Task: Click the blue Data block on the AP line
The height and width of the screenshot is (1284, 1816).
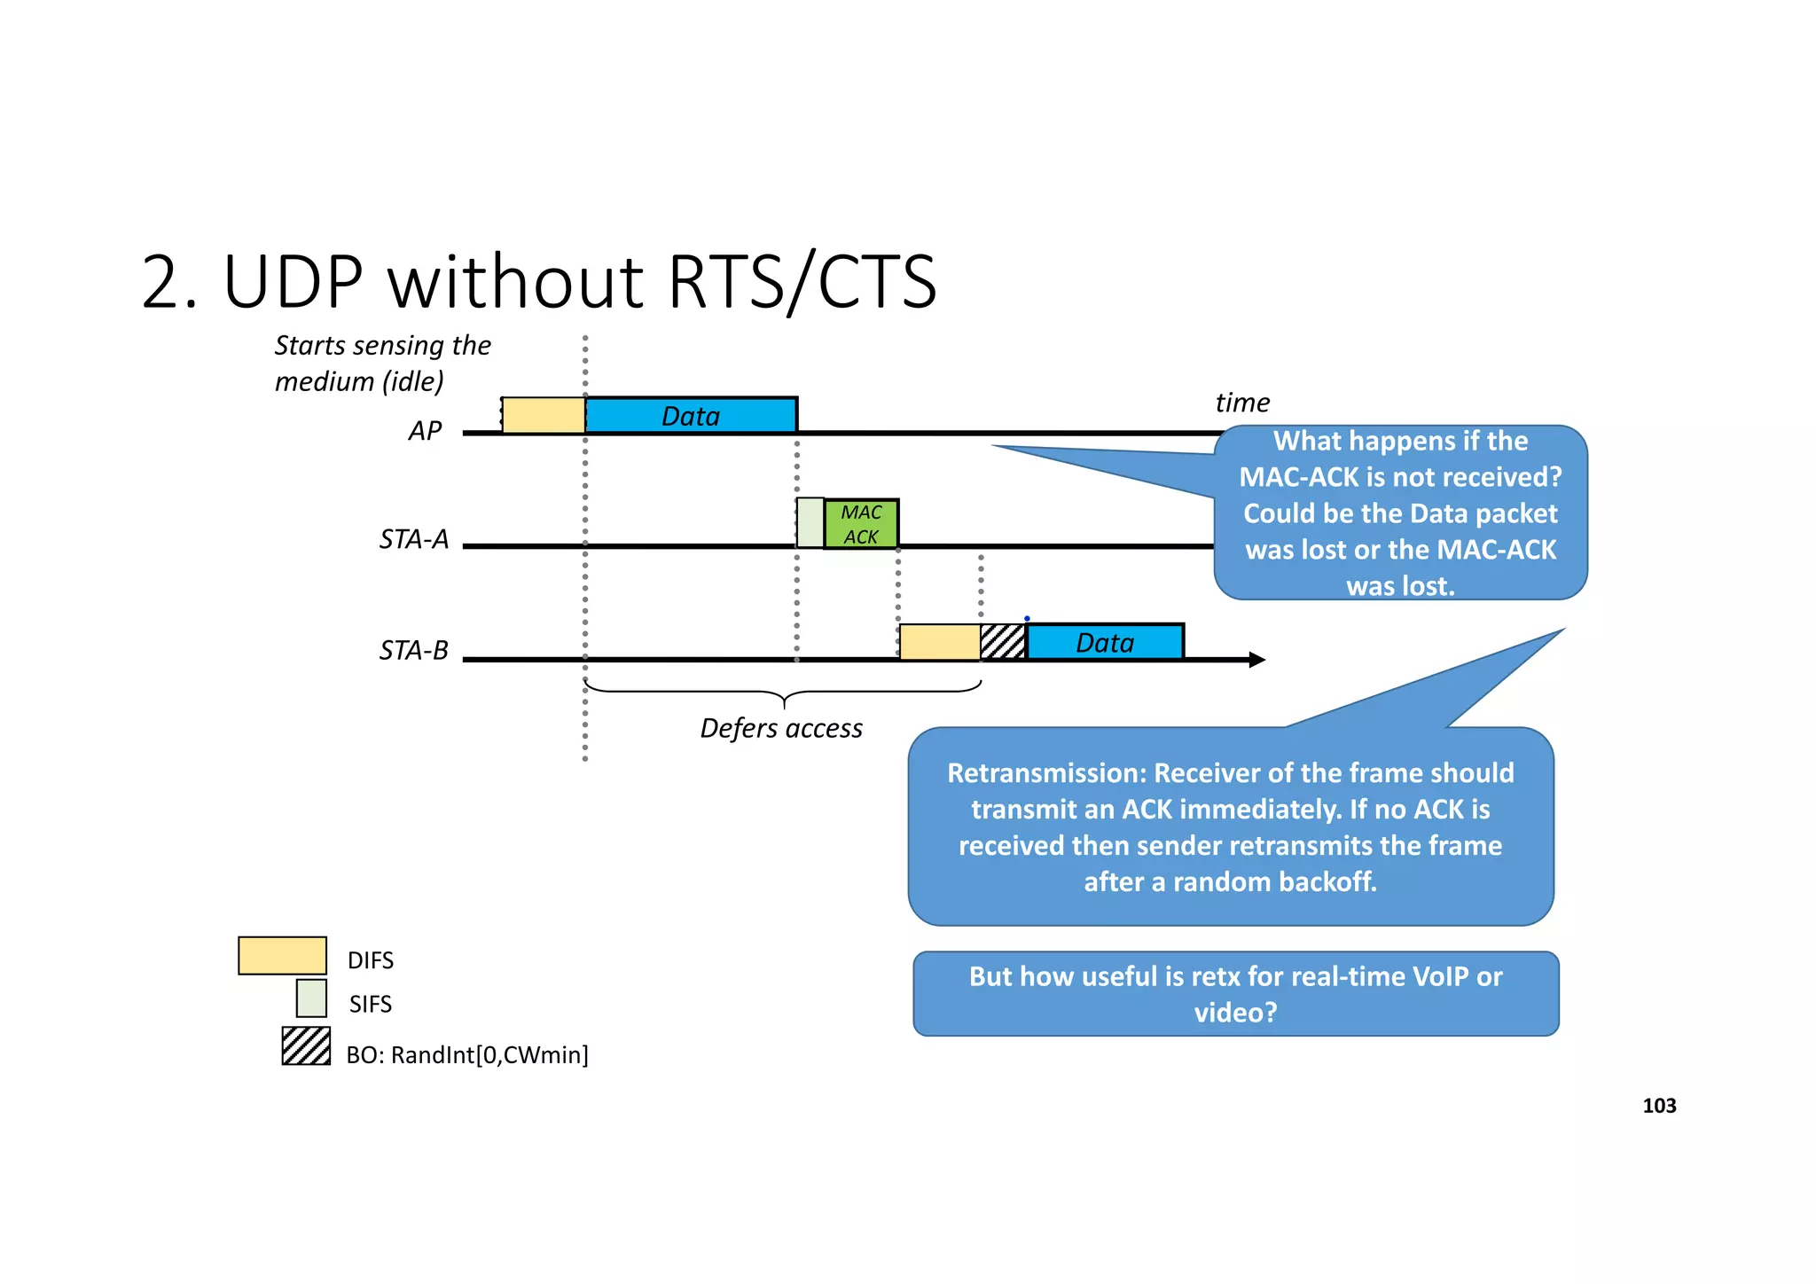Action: click(691, 415)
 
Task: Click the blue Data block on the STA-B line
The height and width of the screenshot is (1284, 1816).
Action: click(1105, 642)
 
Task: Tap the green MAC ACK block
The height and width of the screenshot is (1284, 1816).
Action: click(861, 524)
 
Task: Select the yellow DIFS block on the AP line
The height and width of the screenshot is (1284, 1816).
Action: click(544, 415)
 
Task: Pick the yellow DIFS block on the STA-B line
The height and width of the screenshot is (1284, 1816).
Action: click(940, 642)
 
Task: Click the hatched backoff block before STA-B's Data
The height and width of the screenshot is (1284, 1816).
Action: click(1004, 642)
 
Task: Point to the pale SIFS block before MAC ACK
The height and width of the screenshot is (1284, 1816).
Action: click(810, 523)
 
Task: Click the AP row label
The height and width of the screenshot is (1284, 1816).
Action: click(425, 431)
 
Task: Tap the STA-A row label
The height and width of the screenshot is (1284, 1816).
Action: click(414, 539)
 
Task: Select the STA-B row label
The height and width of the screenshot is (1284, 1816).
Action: click(414, 651)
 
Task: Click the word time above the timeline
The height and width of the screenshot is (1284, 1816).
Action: click(1242, 403)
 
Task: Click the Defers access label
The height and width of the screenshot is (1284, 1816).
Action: click(781, 728)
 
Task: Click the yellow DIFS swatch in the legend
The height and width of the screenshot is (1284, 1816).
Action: click(282, 956)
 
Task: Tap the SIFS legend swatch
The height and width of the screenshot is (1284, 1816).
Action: click(311, 998)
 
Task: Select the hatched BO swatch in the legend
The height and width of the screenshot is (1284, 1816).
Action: click(306, 1046)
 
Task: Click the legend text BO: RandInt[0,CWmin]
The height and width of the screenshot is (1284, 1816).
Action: click(467, 1055)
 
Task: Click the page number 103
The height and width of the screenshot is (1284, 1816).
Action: click(1659, 1106)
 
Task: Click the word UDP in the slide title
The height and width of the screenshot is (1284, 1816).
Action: click(293, 282)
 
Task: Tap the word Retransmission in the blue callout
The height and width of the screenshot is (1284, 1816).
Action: click(1045, 773)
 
